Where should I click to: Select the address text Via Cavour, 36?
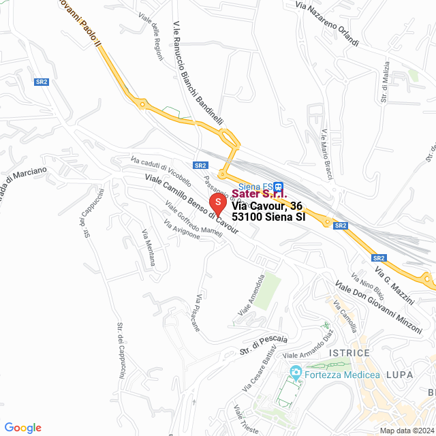coord(266,206)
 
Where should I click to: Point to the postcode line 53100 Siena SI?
coord(268,217)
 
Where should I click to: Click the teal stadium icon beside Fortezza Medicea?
coord(296,373)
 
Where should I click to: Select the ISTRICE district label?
coord(349,353)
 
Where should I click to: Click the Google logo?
coord(22,428)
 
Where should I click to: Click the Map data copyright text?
coord(407,431)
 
